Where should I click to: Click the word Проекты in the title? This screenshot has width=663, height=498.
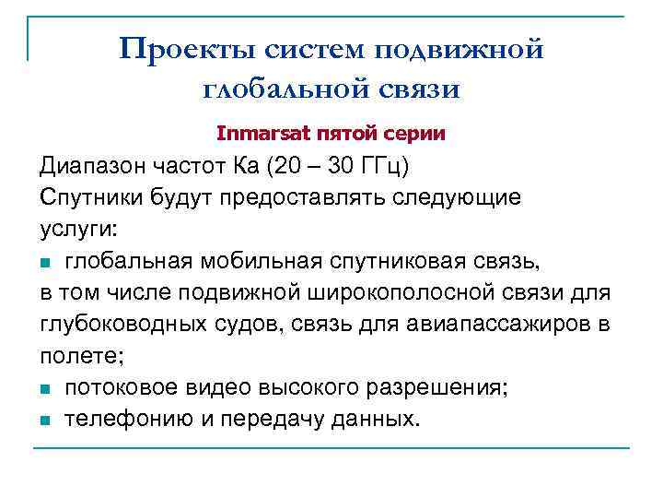(178, 48)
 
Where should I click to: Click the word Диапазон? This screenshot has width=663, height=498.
(95, 169)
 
